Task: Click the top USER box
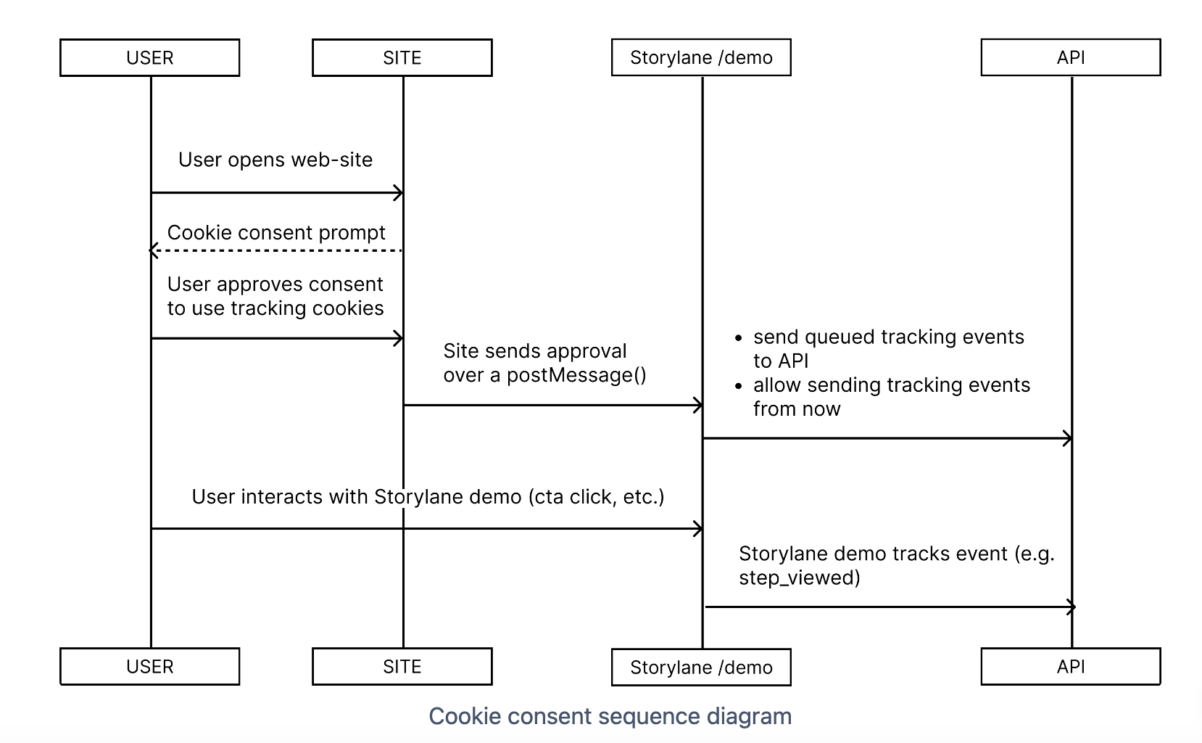[x=149, y=58]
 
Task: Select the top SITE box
[x=402, y=58]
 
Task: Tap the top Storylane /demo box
[x=701, y=58]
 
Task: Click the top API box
[x=1070, y=58]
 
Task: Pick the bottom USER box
[x=149, y=667]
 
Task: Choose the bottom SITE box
[x=402, y=667]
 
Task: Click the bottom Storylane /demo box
[x=701, y=668]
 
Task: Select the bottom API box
[x=1070, y=667]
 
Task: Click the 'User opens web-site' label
[x=275, y=160]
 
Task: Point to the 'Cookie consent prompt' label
[x=276, y=233]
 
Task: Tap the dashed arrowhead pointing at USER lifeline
[x=153, y=251]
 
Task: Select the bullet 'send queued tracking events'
[x=888, y=337]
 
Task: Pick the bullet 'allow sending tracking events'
[x=891, y=385]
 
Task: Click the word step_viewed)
[x=799, y=578]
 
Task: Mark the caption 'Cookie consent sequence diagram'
[x=610, y=716]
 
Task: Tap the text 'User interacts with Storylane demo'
[x=356, y=497]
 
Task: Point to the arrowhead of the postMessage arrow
[x=698, y=406]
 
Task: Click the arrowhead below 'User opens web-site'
[x=398, y=193]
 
